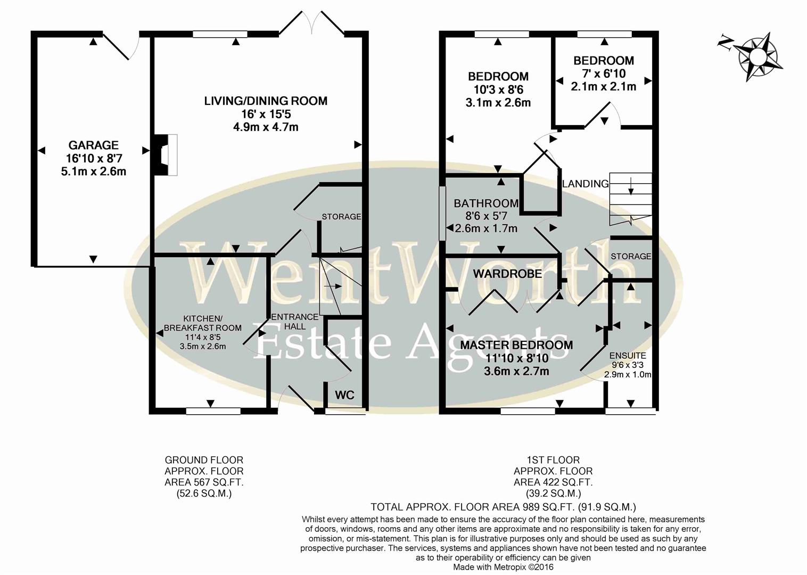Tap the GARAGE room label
93,145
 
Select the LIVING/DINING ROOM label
266,101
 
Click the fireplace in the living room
166,155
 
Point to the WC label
344,395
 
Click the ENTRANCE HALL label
294,322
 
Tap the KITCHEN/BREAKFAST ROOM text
202,323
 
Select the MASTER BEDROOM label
516,345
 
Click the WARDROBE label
507,274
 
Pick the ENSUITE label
628,356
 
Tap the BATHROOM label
485,203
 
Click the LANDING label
585,184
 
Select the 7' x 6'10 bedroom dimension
603,73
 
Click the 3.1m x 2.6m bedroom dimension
498,103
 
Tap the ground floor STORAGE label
341,217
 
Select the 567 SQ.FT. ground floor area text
204,482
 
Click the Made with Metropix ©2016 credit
503,568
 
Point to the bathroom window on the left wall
442,213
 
